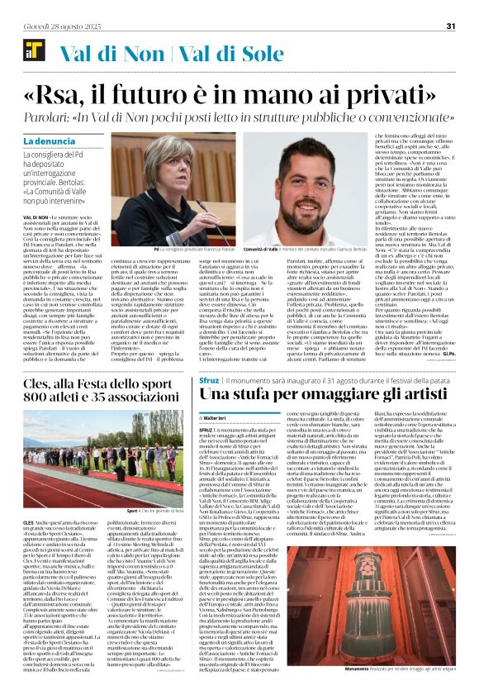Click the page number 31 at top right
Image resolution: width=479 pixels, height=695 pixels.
tap(451, 26)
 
